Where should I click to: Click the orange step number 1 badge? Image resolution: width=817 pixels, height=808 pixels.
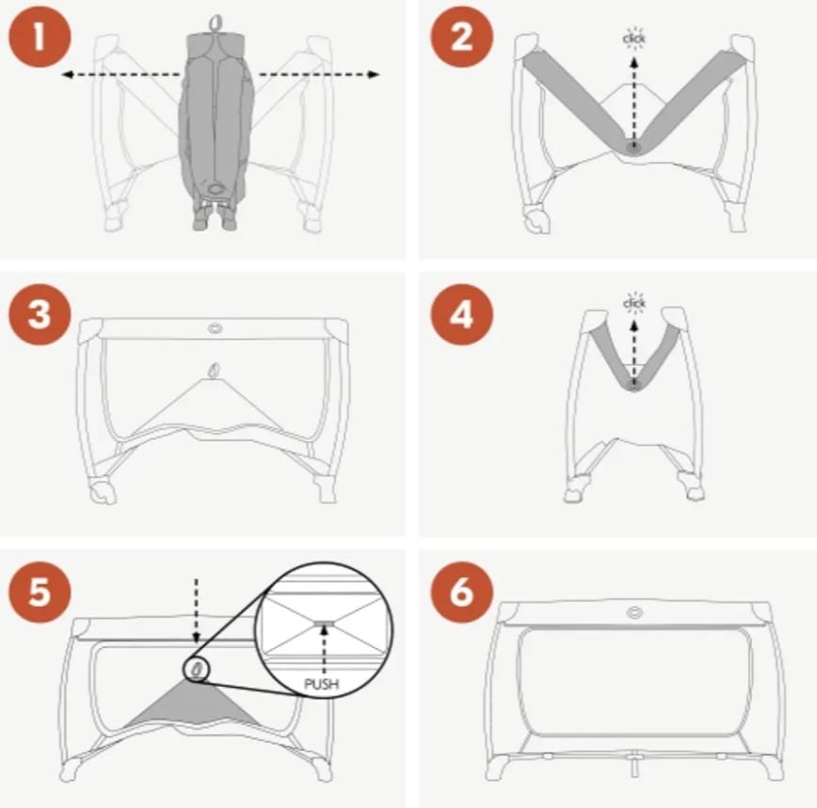(x=40, y=37)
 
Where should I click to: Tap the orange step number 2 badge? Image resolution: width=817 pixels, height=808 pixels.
(x=461, y=37)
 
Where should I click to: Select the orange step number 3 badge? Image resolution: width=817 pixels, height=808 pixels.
(x=40, y=315)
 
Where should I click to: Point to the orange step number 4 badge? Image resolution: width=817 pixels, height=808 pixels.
(x=461, y=315)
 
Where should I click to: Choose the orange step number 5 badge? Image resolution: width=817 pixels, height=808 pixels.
(x=40, y=591)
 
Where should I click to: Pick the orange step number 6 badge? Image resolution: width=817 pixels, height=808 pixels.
(x=461, y=591)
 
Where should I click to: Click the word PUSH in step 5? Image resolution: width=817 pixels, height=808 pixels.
(x=322, y=684)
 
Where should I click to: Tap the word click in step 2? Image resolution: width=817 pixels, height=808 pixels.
(x=633, y=39)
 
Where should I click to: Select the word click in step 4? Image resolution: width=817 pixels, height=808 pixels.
(x=633, y=303)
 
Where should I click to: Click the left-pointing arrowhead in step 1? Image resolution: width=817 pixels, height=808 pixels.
(x=66, y=75)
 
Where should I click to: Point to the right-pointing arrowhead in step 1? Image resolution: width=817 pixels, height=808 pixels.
(x=374, y=74)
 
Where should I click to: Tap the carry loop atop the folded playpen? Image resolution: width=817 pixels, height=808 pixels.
(x=216, y=23)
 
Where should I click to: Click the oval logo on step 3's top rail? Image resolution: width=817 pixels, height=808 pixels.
(x=215, y=329)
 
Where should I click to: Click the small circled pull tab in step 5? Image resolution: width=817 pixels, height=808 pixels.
(x=197, y=669)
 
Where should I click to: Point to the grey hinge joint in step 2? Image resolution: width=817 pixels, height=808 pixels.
(x=633, y=148)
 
